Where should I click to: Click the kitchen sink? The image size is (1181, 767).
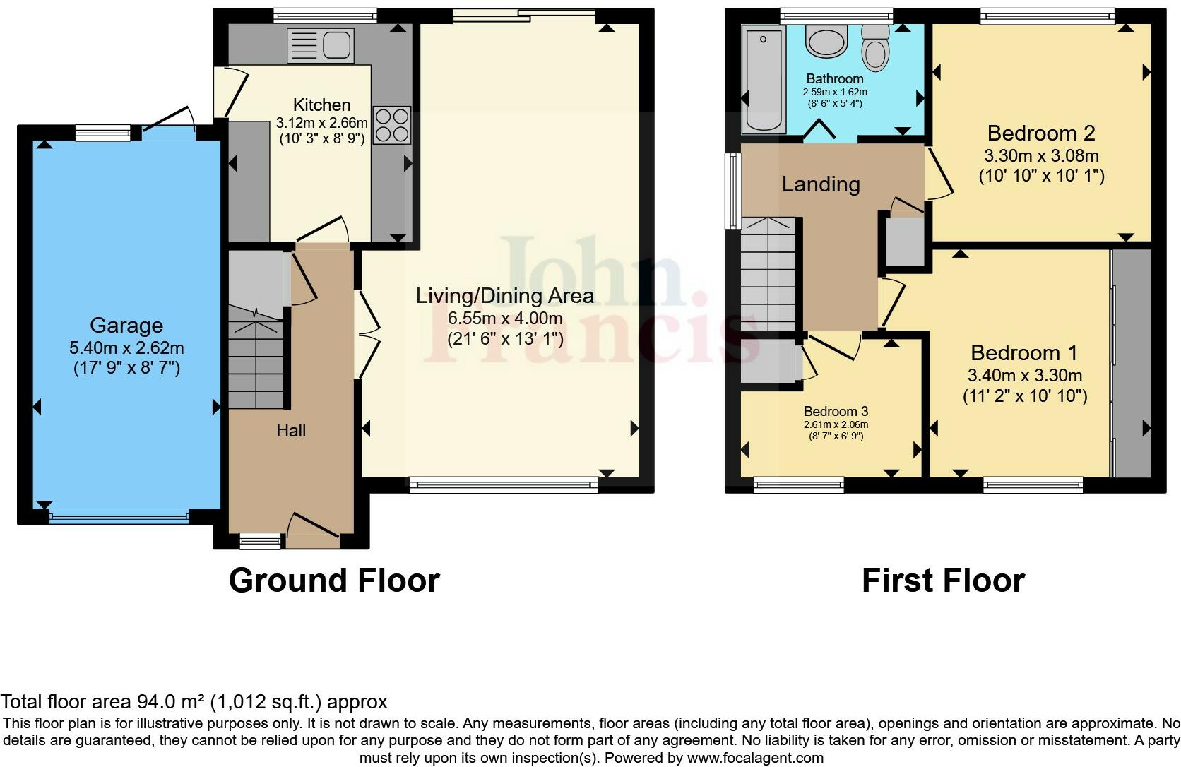click(x=319, y=45)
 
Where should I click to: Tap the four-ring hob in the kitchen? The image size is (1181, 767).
click(x=392, y=125)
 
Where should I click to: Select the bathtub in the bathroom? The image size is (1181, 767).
click(x=761, y=80)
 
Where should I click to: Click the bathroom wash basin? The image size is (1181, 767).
click(x=826, y=42)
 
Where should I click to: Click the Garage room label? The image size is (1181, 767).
click(x=126, y=326)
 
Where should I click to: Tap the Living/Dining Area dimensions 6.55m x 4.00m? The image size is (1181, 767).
click(x=505, y=318)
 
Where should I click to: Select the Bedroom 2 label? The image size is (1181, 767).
click(x=1041, y=133)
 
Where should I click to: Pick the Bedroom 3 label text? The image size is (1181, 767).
click(x=836, y=411)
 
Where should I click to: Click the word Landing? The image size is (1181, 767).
click(x=821, y=184)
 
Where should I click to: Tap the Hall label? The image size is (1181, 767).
click(x=291, y=431)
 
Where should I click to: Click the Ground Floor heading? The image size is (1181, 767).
click(x=334, y=581)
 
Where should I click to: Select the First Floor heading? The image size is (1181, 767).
click(x=943, y=581)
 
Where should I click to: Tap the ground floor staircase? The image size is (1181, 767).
click(x=255, y=360)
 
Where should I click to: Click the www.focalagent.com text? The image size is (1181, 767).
click(x=754, y=758)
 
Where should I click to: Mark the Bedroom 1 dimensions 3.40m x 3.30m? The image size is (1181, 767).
click(x=1025, y=375)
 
